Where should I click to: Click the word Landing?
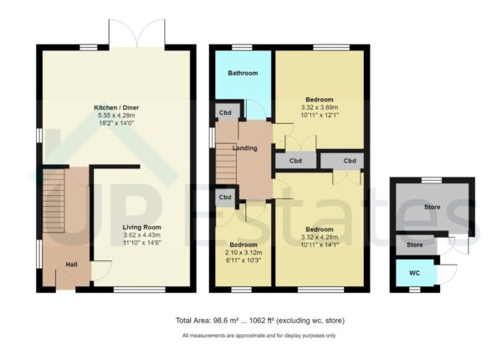(245, 148)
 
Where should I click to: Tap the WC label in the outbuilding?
(415, 273)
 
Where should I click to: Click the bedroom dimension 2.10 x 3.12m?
(242, 252)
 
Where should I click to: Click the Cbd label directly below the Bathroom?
(226, 111)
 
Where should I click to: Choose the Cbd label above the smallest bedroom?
(226, 198)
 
